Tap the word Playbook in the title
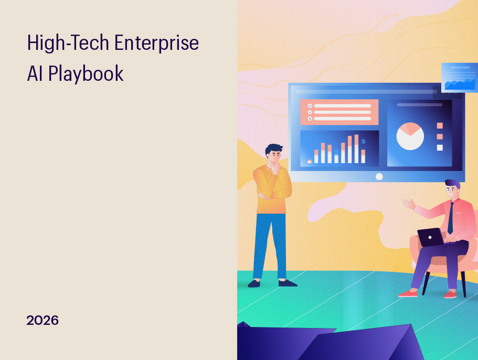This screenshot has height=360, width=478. pyautogui.click(x=86, y=74)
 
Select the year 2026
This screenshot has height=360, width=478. pyautogui.click(x=43, y=320)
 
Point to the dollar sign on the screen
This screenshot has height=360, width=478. pyautogui.click(x=363, y=141)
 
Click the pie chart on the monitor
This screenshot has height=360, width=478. pyautogui.click(x=410, y=136)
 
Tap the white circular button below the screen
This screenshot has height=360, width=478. pyautogui.click(x=379, y=176)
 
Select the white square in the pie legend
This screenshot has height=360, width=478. pyautogui.click(x=440, y=147)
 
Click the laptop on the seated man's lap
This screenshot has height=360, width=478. pyautogui.click(x=431, y=237)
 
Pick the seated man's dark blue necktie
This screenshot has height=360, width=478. pyautogui.click(x=450, y=217)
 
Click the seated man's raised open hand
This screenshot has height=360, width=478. pyautogui.click(x=409, y=203)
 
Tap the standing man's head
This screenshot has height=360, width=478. pyautogui.click(x=273, y=154)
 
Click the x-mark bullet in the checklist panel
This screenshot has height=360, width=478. pyautogui.click(x=310, y=119)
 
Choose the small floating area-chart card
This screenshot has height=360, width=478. pyautogui.click(x=459, y=78)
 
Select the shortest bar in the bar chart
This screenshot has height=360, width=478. pyautogui.click(x=310, y=161)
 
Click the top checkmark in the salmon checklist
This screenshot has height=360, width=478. pyautogui.click(x=310, y=105)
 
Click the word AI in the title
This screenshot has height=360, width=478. pyautogui.click(x=35, y=74)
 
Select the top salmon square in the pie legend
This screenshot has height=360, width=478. pyautogui.click(x=440, y=125)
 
